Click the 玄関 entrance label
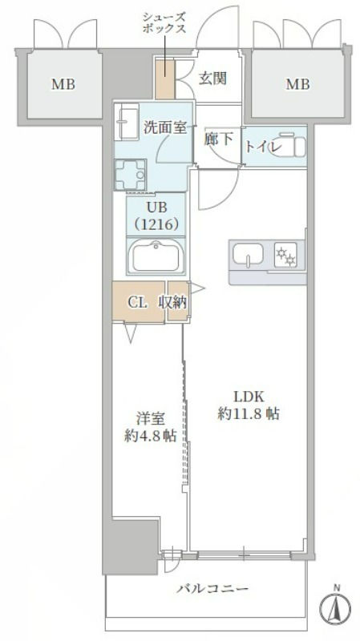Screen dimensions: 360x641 coord(212,78)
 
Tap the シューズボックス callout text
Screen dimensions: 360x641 coord(164,23)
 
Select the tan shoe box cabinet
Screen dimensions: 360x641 coord(165,79)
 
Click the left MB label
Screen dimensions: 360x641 coord(63,85)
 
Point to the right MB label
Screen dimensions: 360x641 coord(297,85)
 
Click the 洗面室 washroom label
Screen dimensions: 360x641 coord(165,127)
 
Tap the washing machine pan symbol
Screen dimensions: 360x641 coord(131,175)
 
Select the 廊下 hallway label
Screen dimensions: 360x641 coord(218,139)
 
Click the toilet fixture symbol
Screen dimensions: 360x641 coord(290,144)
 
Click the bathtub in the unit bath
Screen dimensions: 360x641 coord(156,256)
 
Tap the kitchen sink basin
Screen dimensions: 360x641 coord(248,254)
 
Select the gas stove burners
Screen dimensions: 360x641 coord(285,256)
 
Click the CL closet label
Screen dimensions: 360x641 coord(136,303)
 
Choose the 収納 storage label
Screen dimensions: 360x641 coord(172,302)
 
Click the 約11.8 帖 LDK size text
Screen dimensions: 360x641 coord(249,414)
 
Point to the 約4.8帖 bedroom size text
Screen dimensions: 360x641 coord(150,437)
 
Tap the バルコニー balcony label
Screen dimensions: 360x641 coord(212,589)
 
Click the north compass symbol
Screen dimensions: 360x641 coord(335,604)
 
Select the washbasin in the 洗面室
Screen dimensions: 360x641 coord(127,122)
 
